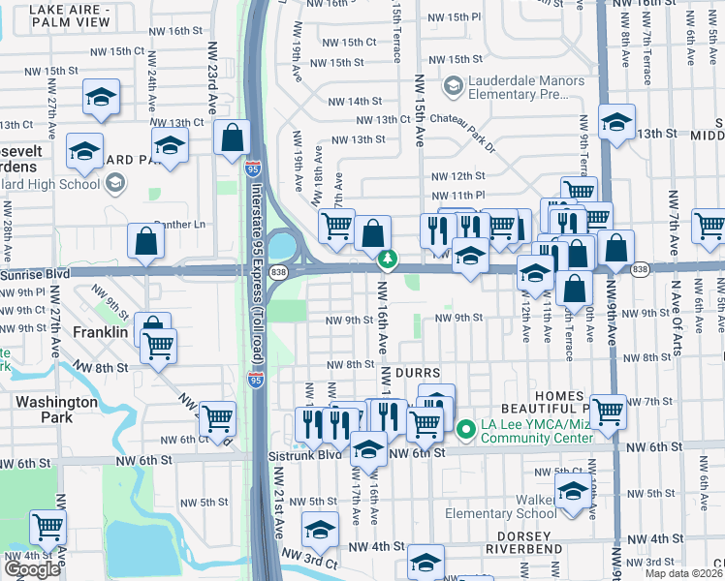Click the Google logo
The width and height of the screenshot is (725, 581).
[33, 569]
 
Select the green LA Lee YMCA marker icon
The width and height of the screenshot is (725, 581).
[465, 428]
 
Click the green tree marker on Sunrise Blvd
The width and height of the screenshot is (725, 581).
[387, 259]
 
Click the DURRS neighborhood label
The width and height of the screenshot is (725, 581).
[418, 372]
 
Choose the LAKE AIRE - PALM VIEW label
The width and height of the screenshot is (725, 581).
[55, 15]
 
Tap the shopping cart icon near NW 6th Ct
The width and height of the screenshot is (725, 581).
[218, 418]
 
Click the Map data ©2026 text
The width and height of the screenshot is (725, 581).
[684, 573]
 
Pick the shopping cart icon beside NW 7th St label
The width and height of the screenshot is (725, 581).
[608, 411]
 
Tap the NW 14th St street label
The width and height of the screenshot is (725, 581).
[355, 102]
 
